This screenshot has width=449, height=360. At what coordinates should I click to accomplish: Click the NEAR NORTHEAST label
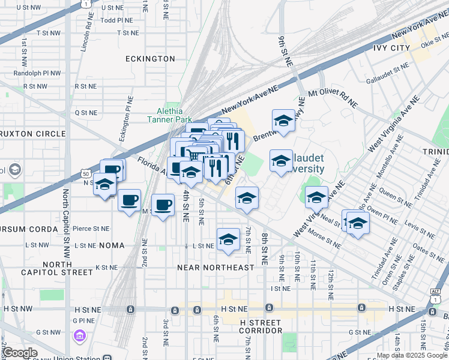click(x=215, y=267)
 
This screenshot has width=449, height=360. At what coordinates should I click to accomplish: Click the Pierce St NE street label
click(x=91, y=229)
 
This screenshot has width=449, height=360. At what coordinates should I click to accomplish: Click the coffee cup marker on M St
click(x=163, y=206)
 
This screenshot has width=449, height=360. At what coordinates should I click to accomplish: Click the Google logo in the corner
click(x=20, y=353)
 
